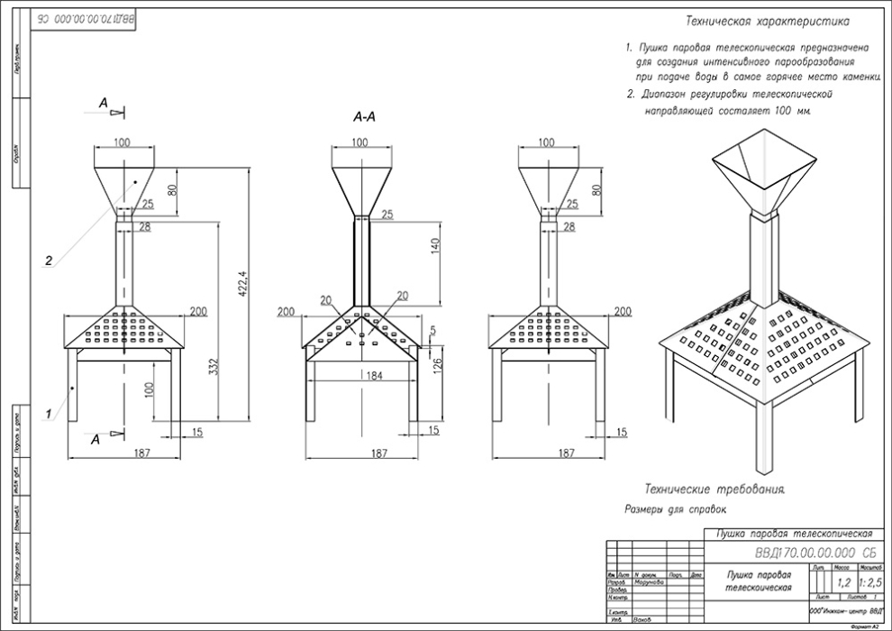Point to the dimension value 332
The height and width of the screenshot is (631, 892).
pyautogui.click(x=214, y=332)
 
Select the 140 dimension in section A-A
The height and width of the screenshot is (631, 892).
pyautogui.click(x=434, y=245)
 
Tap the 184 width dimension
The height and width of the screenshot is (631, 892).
pyautogui.click(x=360, y=375)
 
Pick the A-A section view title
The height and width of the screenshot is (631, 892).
pyautogui.click(x=364, y=117)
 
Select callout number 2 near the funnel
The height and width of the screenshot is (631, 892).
pyautogui.click(x=50, y=261)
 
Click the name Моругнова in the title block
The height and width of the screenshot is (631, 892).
pyautogui.click(x=649, y=581)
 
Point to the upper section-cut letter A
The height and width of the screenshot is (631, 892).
pyautogui.click(x=105, y=105)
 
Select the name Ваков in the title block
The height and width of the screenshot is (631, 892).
pyautogui.click(x=642, y=620)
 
